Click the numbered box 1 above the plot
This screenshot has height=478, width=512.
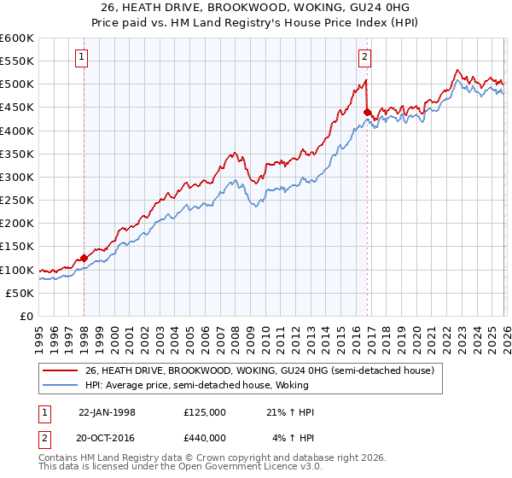(x=82, y=57)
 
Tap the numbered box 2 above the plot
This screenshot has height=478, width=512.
(x=364, y=57)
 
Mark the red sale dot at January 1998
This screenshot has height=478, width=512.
(x=84, y=258)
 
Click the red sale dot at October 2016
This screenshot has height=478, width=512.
(x=367, y=112)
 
